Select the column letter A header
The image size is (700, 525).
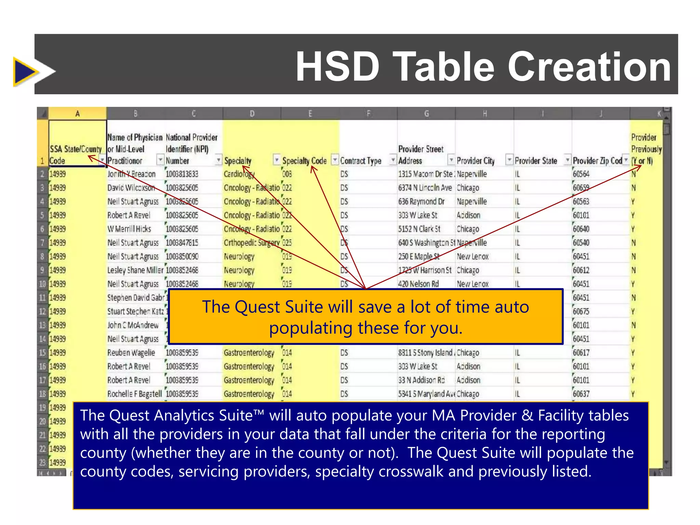point(78,113)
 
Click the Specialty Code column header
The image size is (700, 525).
point(304,161)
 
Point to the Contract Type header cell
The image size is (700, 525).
point(361,161)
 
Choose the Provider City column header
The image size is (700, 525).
point(475,161)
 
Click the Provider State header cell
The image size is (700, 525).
point(536,161)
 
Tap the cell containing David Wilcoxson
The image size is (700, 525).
point(131,188)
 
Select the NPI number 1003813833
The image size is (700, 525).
point(182,174)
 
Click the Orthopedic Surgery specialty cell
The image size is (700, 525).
point(252,243)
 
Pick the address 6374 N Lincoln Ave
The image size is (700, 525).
point(425,188)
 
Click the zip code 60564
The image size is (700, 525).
point(581,174)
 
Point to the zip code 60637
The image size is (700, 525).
point(581,394)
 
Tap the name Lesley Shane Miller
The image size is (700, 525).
point(135,270)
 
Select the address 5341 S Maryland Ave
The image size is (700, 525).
point(427,394)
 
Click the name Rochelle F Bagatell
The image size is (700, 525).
point(134,394)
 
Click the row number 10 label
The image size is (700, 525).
point(42,284)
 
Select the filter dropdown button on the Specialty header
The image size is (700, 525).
point(276,160)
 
